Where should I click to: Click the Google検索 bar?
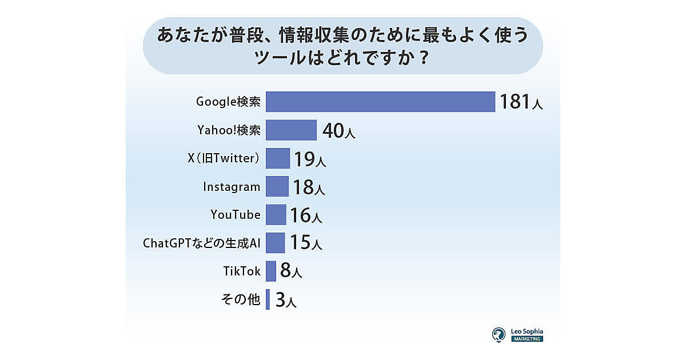point(380,102)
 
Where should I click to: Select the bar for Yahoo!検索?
point(291,130)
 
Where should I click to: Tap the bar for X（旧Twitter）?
point(278,158)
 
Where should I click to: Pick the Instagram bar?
point(277,186)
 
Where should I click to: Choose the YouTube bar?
point(276,214)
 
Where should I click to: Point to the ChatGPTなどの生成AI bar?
point(276,243)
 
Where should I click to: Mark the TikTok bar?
point(271,271)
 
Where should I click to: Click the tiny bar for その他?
point(268,299)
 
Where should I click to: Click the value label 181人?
point(521,102)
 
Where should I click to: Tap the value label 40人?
point(339,131)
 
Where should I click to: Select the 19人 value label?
point(310,159)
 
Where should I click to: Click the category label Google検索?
point(229,102)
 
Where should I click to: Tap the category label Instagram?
point(232,187)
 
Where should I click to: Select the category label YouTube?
point(236,215)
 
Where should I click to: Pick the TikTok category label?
point(242,271)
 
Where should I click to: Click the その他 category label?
point(241,299)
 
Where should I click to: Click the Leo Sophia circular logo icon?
point(499,334)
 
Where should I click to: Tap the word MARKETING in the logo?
point(527,339)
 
